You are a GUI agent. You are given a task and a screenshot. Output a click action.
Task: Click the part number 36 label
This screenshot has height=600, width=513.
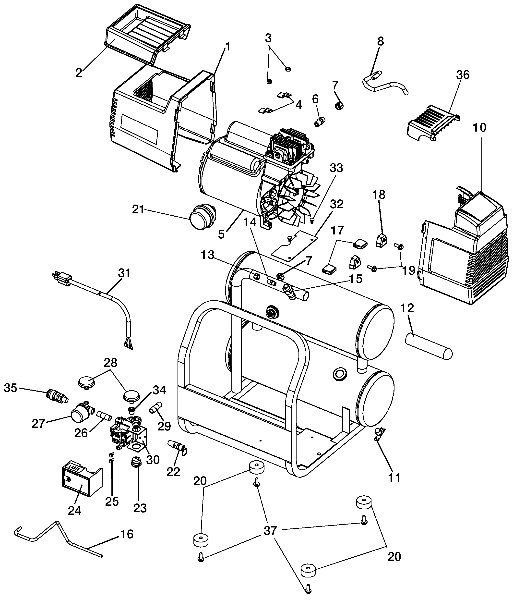463,75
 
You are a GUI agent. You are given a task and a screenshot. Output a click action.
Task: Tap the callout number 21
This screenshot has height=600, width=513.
138,209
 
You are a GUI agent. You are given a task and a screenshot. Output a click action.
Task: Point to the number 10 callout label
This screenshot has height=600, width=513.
479,127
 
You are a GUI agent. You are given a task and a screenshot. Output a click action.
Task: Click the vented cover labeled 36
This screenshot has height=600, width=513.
433,122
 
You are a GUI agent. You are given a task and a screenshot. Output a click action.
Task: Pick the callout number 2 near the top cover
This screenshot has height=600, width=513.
79,73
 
